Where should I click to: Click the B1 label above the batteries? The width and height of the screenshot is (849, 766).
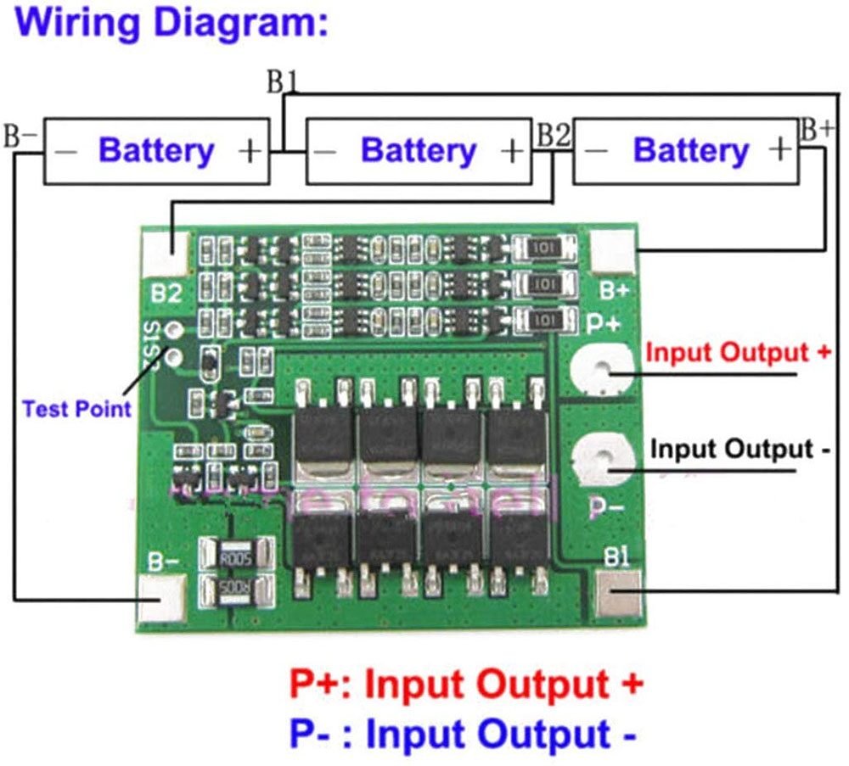pyautogui.click(x=283, y=83)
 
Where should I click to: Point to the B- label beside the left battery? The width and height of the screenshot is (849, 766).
pyautogui.click(x=20, y=136)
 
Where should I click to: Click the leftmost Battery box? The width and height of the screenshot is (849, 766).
pyautogui.click(x=156, y=151)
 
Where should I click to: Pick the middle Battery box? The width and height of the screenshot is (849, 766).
pyautogui.click(x=419, y=151)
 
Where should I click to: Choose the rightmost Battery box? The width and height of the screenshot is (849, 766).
pyautogui.click(x=686, y=151)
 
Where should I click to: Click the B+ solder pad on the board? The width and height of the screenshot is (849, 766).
pyautogui.click(x=612, y=252)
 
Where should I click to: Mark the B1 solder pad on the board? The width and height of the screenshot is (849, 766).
pyautogui.click(x=619, y=593)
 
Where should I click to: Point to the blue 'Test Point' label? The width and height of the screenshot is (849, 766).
pyautogui.click(x=76, y=409)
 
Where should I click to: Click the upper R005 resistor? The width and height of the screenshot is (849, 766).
pyautogui.click(x=237, y=557)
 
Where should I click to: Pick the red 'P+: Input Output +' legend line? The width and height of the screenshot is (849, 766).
pyautogui.click(x=465, y=684)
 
